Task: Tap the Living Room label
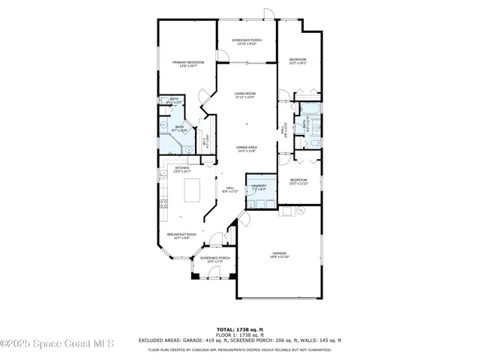click(x=245, y=95)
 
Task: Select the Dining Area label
click(x=246, y=149)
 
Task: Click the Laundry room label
click(x=259, y=187)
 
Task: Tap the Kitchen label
click(x=182, y=169)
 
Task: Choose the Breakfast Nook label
click(x=181, y=237)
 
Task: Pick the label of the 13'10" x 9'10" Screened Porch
click(x=247, y=42)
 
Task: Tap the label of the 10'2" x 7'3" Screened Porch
click(x=215, y=259)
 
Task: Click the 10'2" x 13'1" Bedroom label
click(x=298, y=61)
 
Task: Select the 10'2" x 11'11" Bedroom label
click(x=298, y=181)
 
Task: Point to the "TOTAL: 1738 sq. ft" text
click(x=240, y=328)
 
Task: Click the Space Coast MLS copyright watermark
click(x=57, y=344)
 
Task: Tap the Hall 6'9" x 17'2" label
click(x=229, y=190)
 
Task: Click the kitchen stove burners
click(x=163, y=203)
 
